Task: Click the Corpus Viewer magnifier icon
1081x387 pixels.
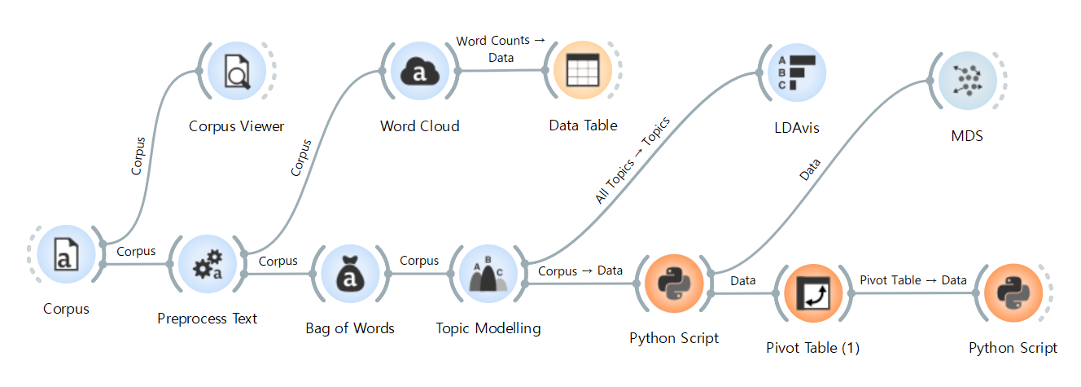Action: (x=236, y=73)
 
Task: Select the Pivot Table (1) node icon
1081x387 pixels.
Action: (x=812, y=295)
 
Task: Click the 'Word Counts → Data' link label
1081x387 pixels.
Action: (x=501, y=49)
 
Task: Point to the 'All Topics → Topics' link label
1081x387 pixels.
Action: (x=632, y=161)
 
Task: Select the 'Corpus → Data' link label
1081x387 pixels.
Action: (x=580, y=270)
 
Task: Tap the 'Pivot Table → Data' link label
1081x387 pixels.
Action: (x=913, y=280)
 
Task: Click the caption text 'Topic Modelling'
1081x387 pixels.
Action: (x=488, y=329)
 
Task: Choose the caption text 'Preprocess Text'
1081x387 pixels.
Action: (x=207, y=319)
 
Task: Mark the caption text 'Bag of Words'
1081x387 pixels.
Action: (x=350, y=328)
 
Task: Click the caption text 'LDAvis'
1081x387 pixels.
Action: (x=796, y=128)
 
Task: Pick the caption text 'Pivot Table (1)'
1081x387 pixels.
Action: (x=812, y=348)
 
